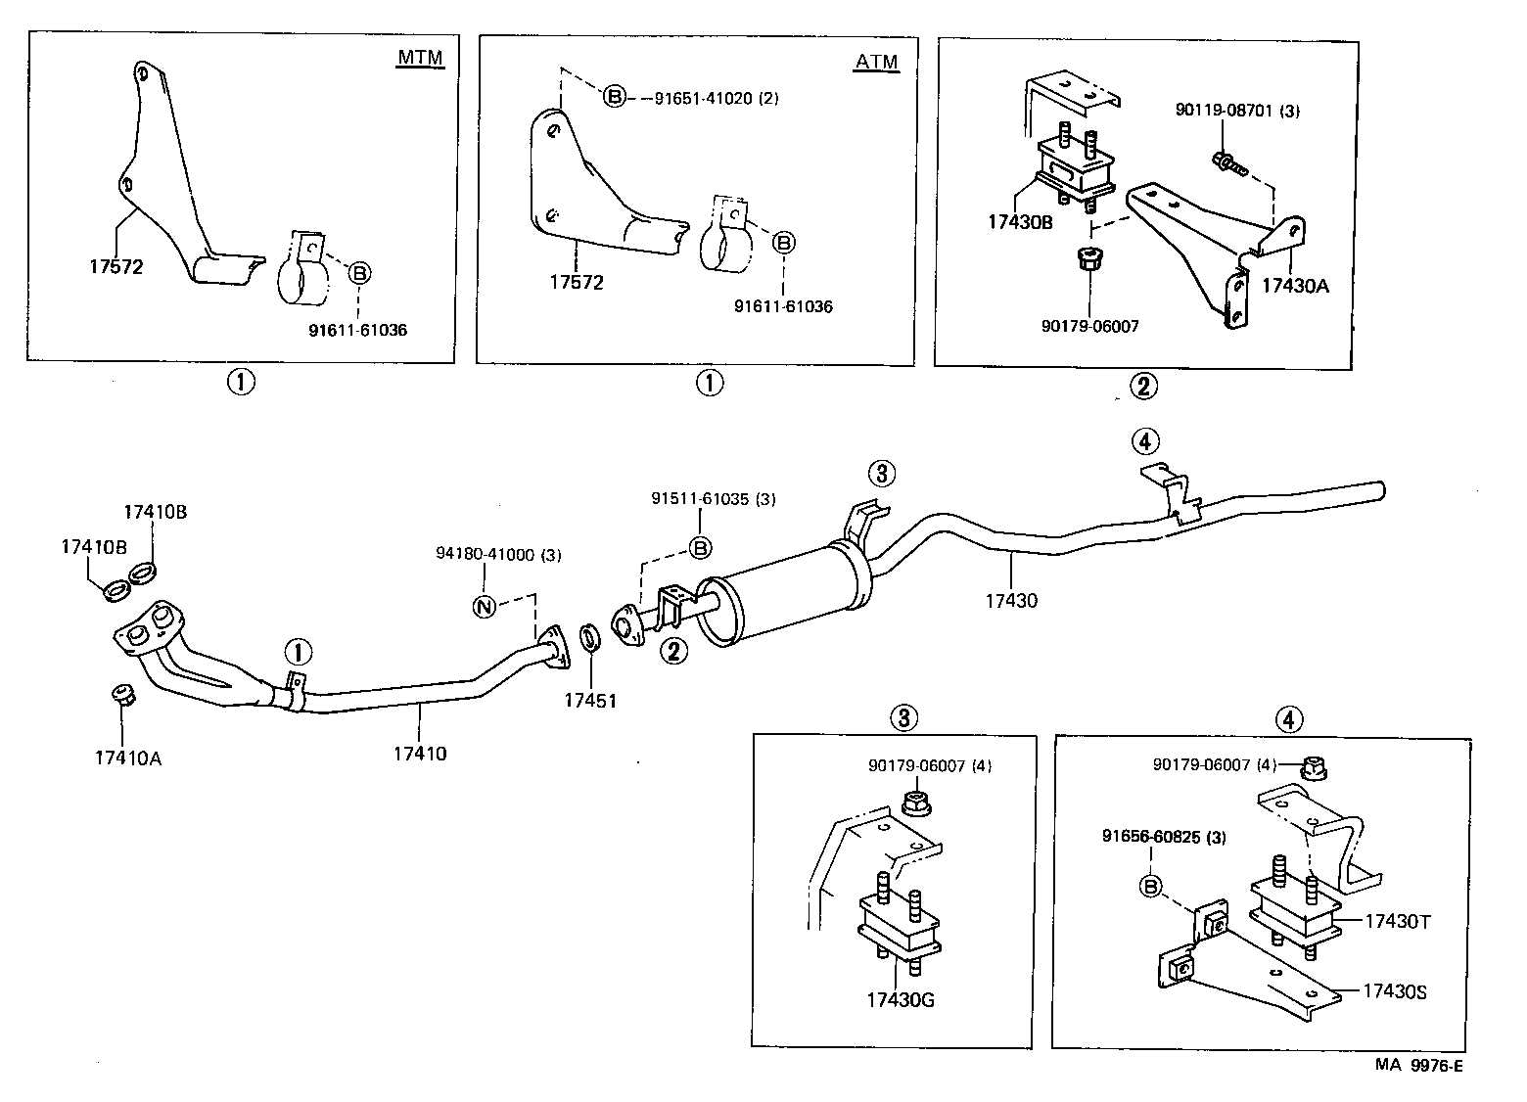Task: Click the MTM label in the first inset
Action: click(x=420, y=58)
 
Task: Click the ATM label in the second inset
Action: click(x=876, y=62)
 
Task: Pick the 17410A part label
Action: click(x=128, y=757)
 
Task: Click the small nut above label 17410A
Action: click(x=122, y=696)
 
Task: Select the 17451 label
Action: click(x=590, y=700)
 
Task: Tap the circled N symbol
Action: click(x=484, y=606)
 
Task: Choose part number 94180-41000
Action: click(x=498, y=554)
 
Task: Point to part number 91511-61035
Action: click(x=713, y=498)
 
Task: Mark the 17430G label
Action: click(x=900, y=999)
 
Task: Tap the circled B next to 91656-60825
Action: click(x=1151, y=887)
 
